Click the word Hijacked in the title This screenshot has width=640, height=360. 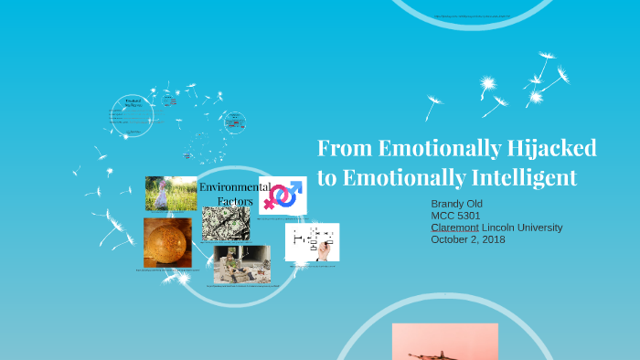coord(553,149)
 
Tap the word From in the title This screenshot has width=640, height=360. coord(345,149)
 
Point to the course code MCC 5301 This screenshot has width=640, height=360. coord(456,216)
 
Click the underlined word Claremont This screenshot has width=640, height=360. coord(454,228)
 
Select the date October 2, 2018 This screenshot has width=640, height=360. coord(467,239)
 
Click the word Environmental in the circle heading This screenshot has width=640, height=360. coord(234,187)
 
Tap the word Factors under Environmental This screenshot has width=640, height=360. coord(234,201)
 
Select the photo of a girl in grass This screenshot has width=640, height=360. coord(171,194)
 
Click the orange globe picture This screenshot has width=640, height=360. coord(167,242)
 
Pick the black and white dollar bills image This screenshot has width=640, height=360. coord(226,222)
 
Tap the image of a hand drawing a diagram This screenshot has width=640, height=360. coord(312,242)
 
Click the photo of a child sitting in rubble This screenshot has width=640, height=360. coord(241,263)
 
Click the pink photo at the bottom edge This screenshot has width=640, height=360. coord(445,343)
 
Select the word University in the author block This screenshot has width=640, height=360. coord(539,228)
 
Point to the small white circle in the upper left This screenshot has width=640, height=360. coord(133,116)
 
